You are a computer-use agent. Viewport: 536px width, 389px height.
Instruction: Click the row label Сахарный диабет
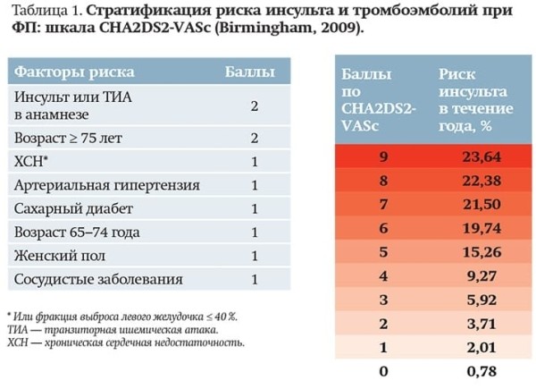pyautogui.click(x=73, y=208)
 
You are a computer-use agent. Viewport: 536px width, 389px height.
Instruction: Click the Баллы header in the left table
pyautogui.click(x=248, y=72)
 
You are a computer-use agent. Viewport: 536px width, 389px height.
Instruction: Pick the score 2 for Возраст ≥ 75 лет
pyautogui.click(x=255, y=139)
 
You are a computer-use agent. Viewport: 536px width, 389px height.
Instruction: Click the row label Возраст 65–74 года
pyautogui.click(x=77, y=232)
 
